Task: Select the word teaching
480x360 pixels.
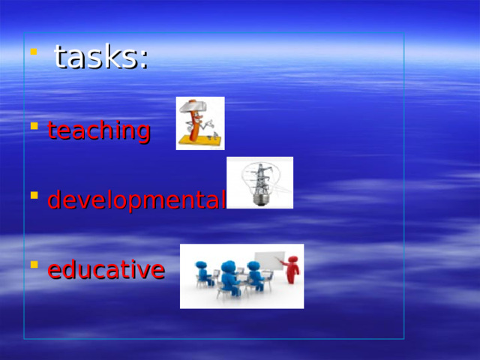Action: click(99, 131)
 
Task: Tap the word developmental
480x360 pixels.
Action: click(136, 200)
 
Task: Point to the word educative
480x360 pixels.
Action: click(106, 269)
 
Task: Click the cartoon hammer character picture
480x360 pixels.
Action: click(200, 123)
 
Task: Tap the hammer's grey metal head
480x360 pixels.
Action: click(193, 107)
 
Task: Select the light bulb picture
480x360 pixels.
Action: click(259, 182)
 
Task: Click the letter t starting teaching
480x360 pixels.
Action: click(52, 131)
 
